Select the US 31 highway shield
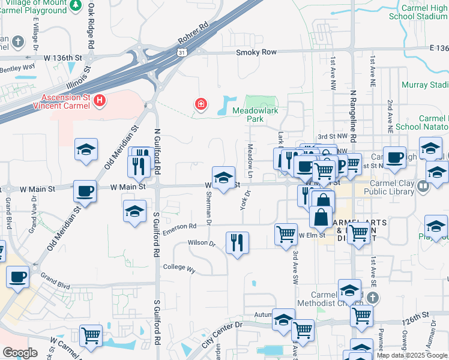pyautogui.click(x=182, y=53)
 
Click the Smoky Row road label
pyautogui.click(x=256, y=52)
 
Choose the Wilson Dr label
pyautogui.click(x=201, y=243)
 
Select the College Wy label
pyautogui.click(x=179, y=268)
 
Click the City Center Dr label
pyautogui.click(x=221, y=334)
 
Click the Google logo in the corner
pyautogui.click(x=20, y=353)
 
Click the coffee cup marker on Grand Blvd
pyautogui.click(x=18, y=277)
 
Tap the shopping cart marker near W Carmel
pyautogui.click(x=91, y=335)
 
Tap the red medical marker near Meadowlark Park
pyautogui.click(x=201, y=106)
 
